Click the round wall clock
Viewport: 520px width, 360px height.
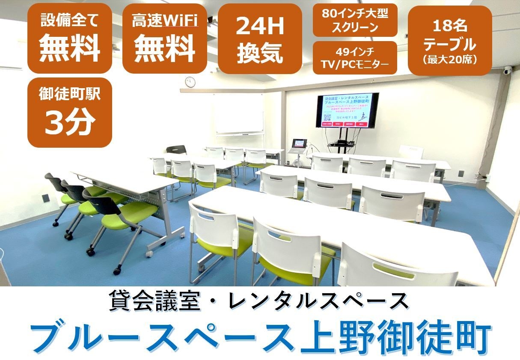click(x=190, y=81)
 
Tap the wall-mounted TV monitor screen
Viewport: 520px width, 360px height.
click(x=348, y=111)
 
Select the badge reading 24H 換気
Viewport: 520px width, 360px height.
click(x=260, y=39)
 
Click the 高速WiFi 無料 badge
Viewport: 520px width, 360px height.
click(x=164, y=39)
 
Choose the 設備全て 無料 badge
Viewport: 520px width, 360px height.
click(x=70, y=39)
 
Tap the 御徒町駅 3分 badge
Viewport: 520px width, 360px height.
click(x=70, y=112)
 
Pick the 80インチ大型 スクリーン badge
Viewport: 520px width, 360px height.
click(x=355, y=20)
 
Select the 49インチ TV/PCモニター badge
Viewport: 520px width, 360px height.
click(x=355, y=58)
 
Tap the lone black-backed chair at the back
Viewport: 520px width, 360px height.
click(x=176, y=150)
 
